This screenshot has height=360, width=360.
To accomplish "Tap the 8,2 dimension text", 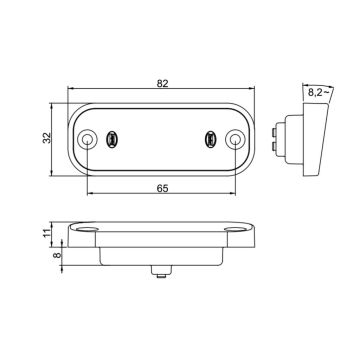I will click(x=319, y=91).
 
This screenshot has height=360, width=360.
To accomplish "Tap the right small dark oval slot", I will click(x=210, y=136).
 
